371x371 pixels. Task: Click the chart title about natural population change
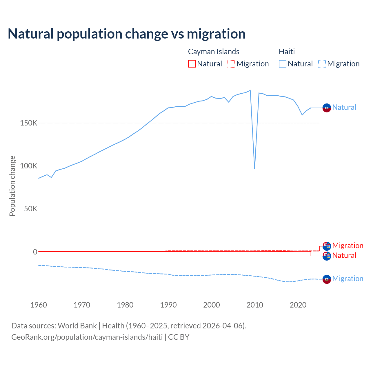[127, 34]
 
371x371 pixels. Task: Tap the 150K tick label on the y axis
[29, 123]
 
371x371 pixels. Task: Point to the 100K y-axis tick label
[29, 166]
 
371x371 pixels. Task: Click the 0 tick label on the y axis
[35, 252]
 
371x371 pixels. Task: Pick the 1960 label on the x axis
[39, 305]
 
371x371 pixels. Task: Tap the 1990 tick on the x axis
[168, 305]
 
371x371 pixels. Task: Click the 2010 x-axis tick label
[255, 305]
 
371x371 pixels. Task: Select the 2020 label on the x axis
[298, 305]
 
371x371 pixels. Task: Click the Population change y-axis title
[12, 186]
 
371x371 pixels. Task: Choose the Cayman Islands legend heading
[214, 52]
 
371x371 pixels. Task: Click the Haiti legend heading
[287, 52]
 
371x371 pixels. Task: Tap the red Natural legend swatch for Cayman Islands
[192, 64]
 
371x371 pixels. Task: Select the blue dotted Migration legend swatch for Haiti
[322, 64]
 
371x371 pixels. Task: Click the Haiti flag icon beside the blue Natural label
[327, 108]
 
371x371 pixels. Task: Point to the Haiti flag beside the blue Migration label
[327, 279]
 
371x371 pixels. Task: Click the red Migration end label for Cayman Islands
[348, 245]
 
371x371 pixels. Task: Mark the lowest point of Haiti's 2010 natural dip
[254, 169]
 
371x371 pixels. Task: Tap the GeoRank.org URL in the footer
[87, 337]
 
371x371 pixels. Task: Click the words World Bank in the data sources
[77, 326]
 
